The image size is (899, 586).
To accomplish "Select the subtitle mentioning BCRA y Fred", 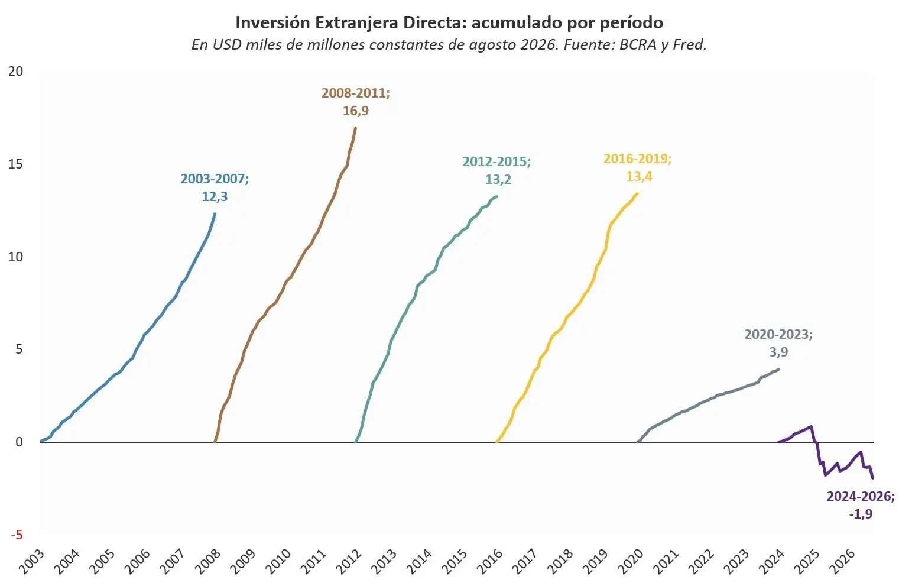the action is tap(449, 44).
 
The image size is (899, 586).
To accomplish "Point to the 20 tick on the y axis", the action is tap(15, 71).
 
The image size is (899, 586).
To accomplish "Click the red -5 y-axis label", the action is tap(17, 535).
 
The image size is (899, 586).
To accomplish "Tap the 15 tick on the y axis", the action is tap(15, 164).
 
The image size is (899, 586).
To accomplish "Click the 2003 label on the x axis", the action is tap(31, 562).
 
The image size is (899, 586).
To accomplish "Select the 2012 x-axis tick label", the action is tap(348, 562).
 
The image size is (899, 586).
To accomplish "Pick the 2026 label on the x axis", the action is tap(842, 562).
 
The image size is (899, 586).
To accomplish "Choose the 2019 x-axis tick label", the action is tap(595, 562).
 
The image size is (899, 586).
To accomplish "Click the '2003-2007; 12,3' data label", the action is tap(215, 187).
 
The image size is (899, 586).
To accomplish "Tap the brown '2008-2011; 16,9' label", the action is tap(356, 102).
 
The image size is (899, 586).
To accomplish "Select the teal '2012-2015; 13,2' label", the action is tap(497, 170).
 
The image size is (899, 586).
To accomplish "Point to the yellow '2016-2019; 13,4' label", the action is tap(638, 167).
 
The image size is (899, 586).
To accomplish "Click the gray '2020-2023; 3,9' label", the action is tap(778, 343).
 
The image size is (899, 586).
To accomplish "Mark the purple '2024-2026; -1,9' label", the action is tap(861, 505).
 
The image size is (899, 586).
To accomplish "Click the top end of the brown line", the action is tap(356, 128).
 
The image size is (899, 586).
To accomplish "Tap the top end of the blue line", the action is tap(215, 213).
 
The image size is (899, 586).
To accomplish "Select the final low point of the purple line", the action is tap(873, 478).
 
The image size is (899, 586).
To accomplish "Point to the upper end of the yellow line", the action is tap(637, 193).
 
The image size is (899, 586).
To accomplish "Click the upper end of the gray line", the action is tap(778, 369).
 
